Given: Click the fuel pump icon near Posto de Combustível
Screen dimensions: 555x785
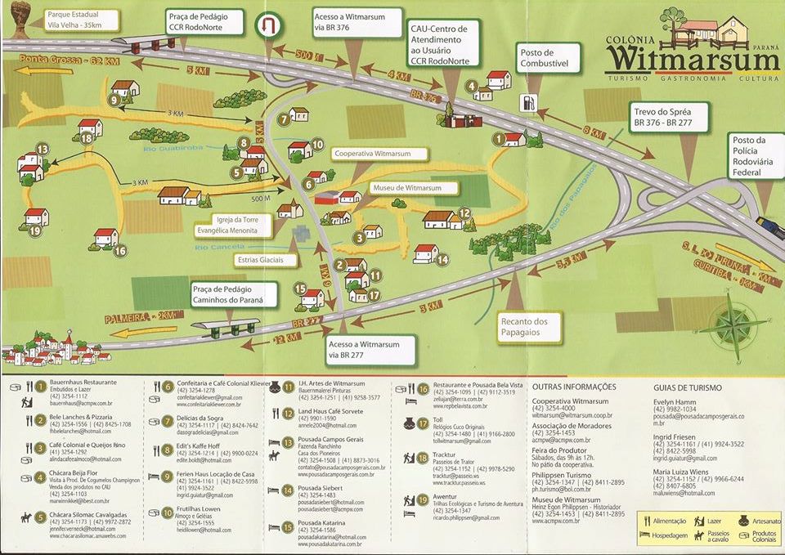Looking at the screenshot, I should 529,103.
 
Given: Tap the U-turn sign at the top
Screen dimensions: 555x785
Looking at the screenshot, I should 267,27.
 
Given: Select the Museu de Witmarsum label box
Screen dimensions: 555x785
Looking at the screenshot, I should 406,188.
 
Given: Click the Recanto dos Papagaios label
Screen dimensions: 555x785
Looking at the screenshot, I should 523,327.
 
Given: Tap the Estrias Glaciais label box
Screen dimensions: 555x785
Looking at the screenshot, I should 258,260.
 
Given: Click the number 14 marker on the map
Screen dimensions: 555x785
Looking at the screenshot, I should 442,260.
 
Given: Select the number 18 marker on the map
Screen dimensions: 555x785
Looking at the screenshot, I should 87,139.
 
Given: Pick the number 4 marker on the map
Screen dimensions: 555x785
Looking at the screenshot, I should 472,85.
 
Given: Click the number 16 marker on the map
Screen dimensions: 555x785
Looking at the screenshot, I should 120,251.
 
